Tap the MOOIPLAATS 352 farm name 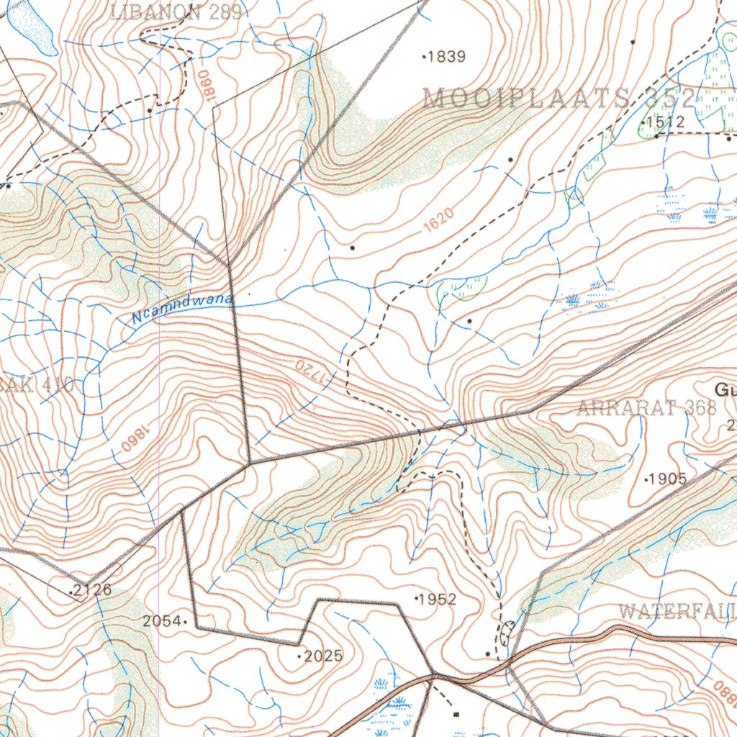(x=559, y=99)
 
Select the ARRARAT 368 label (x=646, y=409)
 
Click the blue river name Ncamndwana (x=184, y=308)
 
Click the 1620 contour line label (x=438, y=221)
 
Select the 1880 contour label (x=723, y=694)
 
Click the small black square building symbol (x=456, y=714)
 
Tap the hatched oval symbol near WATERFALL (x=507, y=633)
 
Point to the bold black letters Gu (x=724, y=390)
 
